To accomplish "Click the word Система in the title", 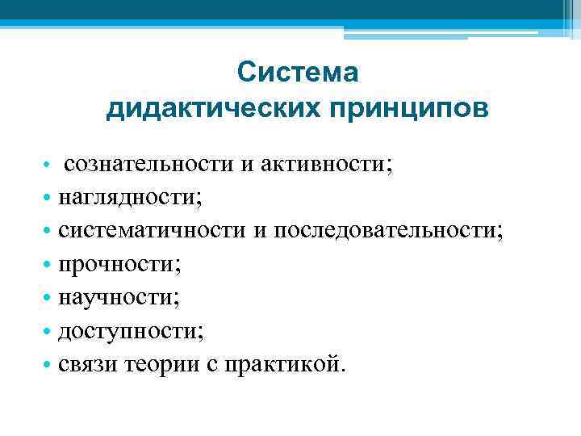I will tap(298, 73).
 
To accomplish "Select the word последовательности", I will tap(386, 231).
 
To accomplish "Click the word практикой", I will tap(280, 364).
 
